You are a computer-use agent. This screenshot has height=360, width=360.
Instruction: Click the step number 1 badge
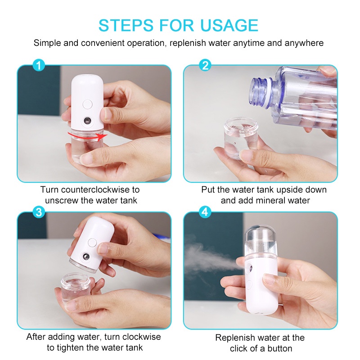(40, 66)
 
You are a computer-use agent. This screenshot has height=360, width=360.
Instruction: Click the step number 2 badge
(205, 66)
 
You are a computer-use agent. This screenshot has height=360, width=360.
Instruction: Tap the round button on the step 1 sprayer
(87, 104)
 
